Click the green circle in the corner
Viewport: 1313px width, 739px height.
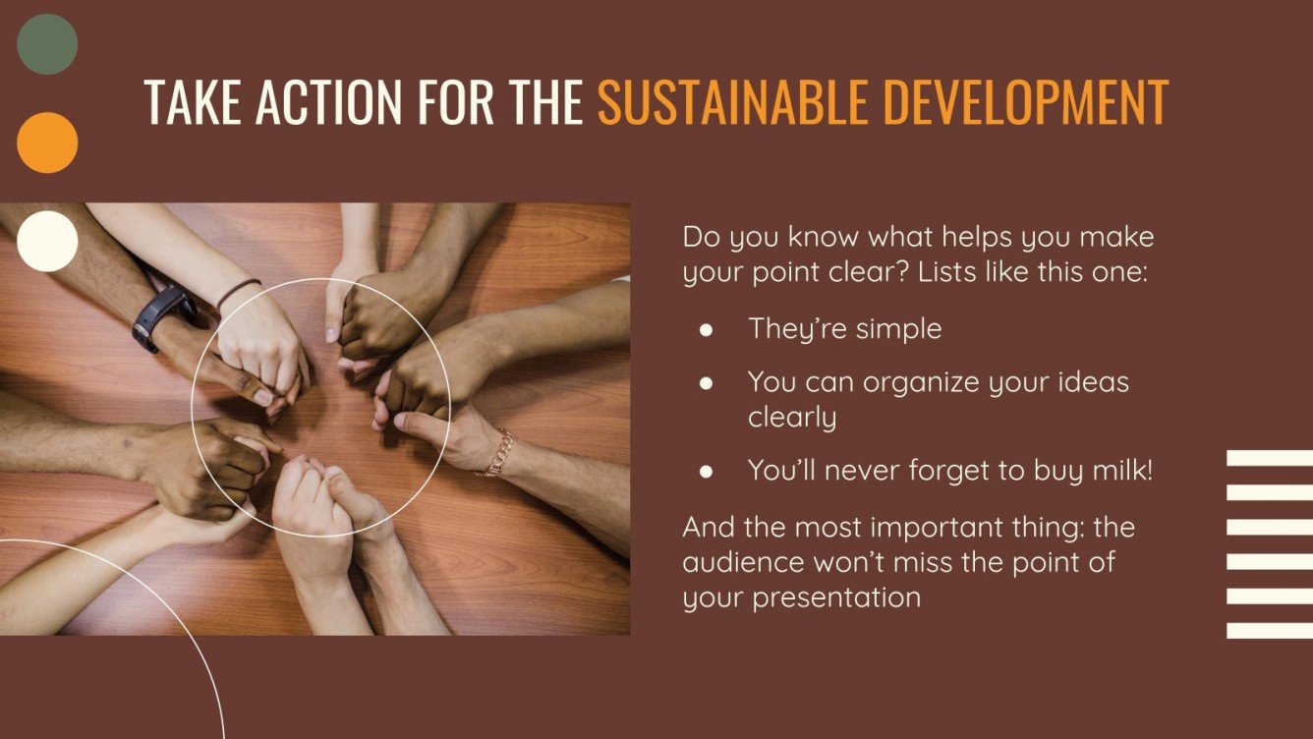pos(47,44)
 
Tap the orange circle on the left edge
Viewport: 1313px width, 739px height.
pos(47,142)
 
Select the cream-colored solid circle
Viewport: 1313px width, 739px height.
pos(47,241)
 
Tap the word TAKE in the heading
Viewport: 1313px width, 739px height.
pos(193,100)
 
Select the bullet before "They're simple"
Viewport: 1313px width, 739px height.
pos(705,330)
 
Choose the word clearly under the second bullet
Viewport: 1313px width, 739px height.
pos(792,417)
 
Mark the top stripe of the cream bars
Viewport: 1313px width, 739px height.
pos(1270,457)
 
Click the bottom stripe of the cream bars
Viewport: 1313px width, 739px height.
pos(1270,630)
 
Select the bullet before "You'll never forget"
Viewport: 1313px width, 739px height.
pos(705,472)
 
